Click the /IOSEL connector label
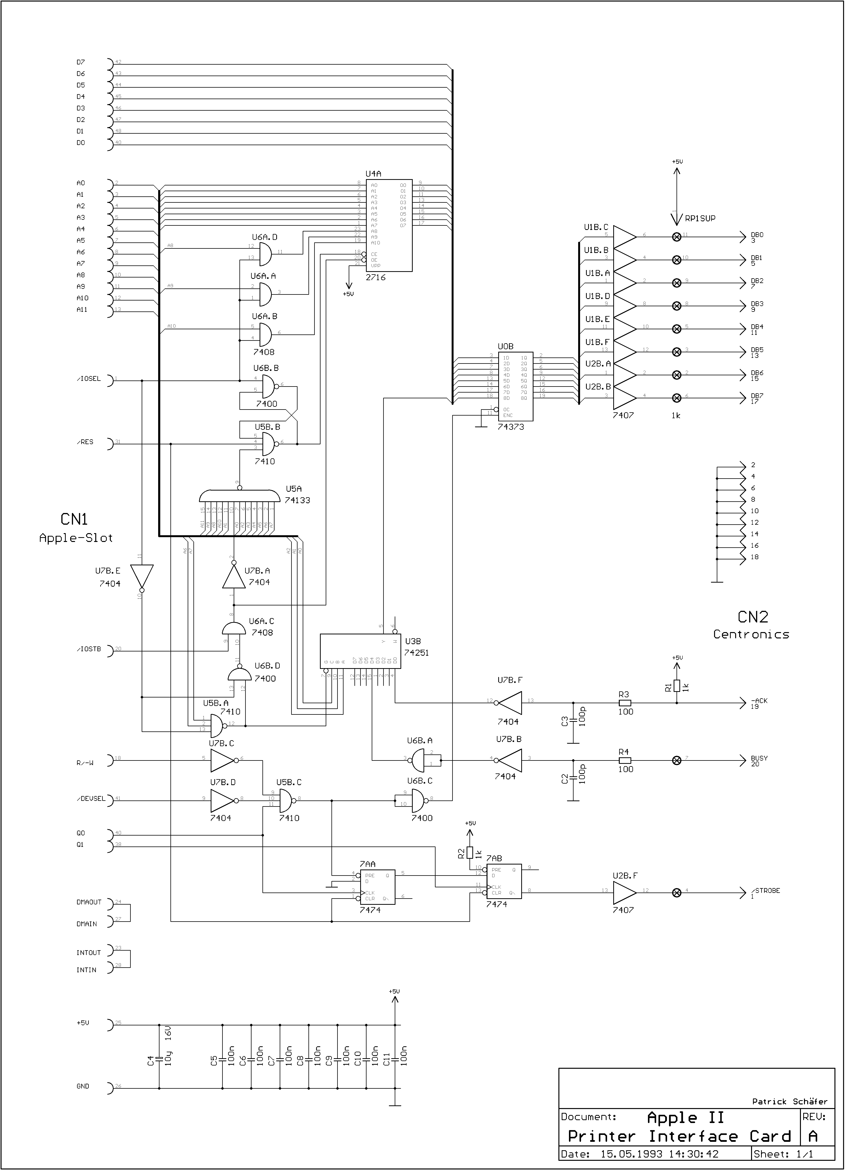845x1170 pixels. tap(89, 379)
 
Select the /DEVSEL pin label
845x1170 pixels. tap(91, 799)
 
